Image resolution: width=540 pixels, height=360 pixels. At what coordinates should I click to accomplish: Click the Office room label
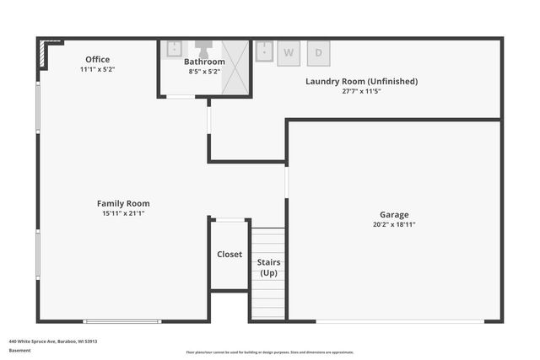98,59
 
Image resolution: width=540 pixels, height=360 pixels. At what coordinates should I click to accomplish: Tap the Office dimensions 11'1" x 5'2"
98,69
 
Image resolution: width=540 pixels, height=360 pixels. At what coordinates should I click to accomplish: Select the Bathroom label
205,62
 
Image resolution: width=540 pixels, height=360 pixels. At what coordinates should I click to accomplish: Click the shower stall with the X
239,67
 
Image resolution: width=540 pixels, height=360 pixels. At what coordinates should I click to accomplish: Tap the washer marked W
289,52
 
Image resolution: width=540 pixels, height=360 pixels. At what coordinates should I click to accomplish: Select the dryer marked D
318,52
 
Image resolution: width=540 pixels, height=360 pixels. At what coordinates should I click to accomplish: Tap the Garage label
394,215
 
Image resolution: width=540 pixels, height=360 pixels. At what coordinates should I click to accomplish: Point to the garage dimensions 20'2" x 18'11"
394,225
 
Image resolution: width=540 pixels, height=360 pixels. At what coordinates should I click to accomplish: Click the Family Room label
123,203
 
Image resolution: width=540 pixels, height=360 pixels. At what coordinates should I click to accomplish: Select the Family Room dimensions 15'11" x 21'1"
123,213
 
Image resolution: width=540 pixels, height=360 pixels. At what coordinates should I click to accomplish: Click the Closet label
229,254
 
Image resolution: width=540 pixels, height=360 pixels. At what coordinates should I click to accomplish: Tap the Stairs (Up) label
268,268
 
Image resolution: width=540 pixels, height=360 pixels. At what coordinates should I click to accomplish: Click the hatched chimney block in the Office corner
43,56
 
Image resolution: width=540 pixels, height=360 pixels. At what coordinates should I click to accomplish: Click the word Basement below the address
19,350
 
